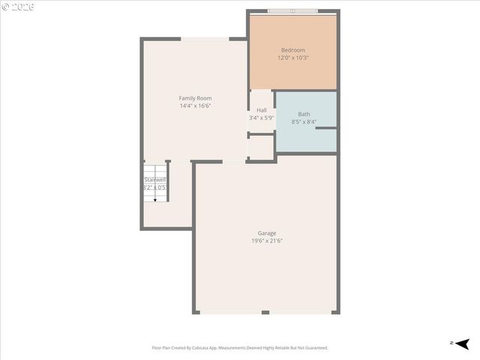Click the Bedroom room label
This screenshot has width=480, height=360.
click(292, 50)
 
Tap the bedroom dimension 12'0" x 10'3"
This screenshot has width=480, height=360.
click(292, 58)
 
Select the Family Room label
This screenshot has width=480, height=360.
click(195, 98)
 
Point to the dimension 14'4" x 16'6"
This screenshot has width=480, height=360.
click(195, 106)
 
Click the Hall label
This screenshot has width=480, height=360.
click(262, 110)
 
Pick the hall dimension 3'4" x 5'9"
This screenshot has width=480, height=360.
click(262, 118)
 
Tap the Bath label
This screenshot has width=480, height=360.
click(304, 114)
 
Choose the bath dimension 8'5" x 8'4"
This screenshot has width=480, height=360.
click(304, 121)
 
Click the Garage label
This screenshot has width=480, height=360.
click(267, 233)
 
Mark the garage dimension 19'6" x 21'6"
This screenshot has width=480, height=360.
click(267, 241)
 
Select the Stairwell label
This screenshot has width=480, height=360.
click(155, 180)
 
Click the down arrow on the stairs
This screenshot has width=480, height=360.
click(155, 199)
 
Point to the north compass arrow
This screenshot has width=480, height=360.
click(462, 343)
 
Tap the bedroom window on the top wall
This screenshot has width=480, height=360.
click(292, 11)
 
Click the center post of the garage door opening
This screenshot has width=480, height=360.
click(265, 312)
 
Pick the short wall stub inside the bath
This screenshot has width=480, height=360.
click(325, 128)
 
